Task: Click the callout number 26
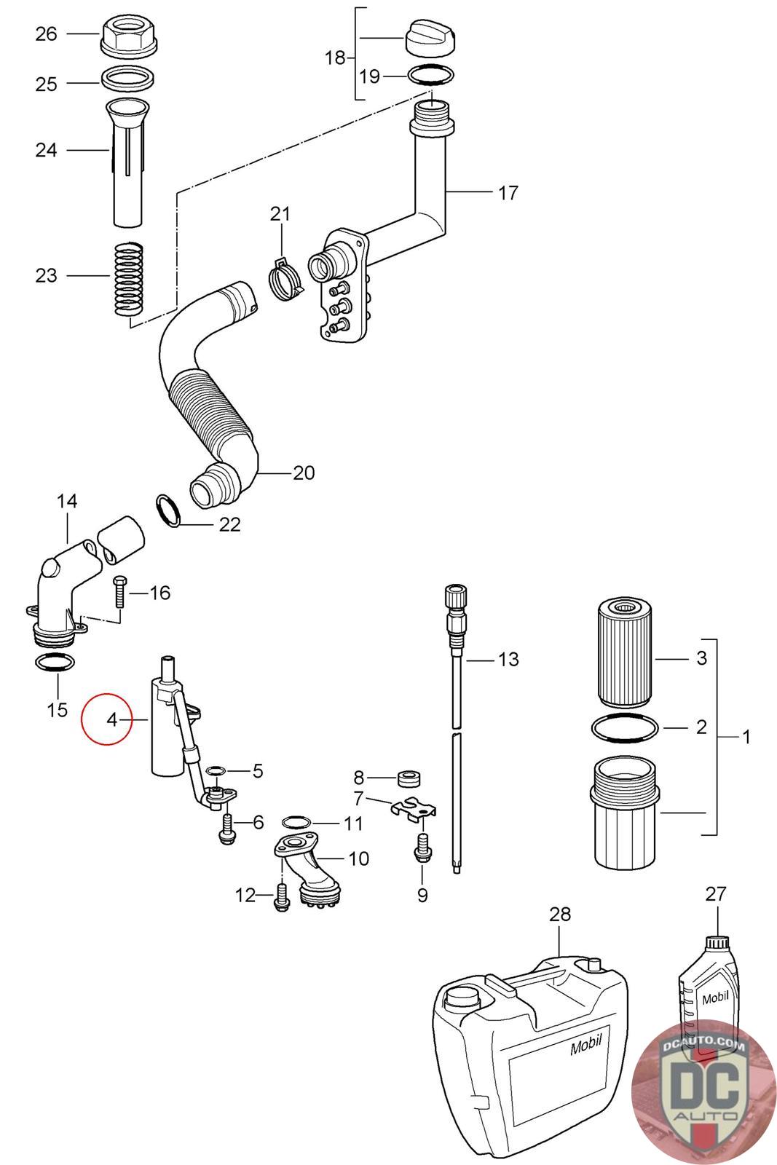pyautogui.click(x=46, y=34)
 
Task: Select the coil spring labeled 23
pyautogui.click(x=128, y=280)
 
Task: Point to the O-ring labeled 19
pyautogui.click(x=431, y=76)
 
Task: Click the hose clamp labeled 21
pyautogui.click(x=285, y=280)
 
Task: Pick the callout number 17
pyautogui.click(x=508, y=193)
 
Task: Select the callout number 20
pyautogui.click(x=304, y=473)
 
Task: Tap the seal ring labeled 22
pyautogui.click(x=168, y=510)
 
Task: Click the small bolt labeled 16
pyautogui.click(x=119, y=593)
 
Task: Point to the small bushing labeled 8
pyautogui.click(x=409, y=779)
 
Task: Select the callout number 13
pyautogui.click(x=508, y=660)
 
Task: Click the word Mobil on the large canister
pyautogui.click(x=586, y=1045)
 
